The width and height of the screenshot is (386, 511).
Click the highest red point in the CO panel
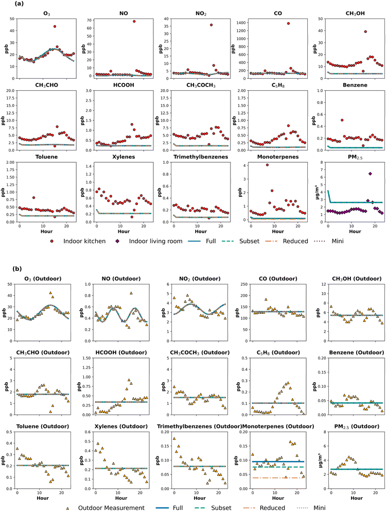288,24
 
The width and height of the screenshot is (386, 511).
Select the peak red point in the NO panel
134,22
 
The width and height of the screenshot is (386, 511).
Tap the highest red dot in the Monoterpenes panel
267,165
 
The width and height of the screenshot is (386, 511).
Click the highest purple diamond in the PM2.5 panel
370,174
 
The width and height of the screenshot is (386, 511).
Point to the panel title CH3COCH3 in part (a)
201,85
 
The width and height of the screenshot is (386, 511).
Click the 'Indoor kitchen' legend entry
78,241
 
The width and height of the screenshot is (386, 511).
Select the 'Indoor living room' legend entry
150,241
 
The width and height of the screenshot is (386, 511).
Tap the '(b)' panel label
17,269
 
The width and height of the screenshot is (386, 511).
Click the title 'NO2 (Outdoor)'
200,279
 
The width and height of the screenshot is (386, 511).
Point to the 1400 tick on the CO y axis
240,23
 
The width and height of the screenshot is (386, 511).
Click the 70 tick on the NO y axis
89,20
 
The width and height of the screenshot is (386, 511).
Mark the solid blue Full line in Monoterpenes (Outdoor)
278,462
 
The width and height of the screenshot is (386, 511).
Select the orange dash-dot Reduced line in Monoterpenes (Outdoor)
278,478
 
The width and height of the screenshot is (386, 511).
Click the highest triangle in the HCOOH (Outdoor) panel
129,380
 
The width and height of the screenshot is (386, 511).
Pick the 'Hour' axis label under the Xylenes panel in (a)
124,231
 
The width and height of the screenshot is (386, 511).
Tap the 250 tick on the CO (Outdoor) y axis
243,284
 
